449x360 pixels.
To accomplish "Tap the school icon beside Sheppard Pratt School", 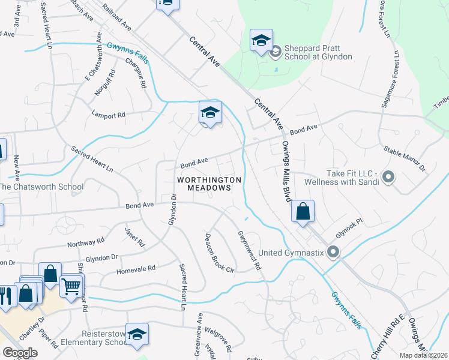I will pyautogui.click(x=261, y=41).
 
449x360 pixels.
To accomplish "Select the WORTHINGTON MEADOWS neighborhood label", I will pyautogui.click(x=209, y=184).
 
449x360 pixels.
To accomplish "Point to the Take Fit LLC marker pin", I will pyautogui.click(x=388, y=176).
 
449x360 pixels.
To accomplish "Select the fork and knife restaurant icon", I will pyautogui.click(x=6, y=295).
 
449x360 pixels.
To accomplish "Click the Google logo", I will pyautogui.click(x=20, y=353).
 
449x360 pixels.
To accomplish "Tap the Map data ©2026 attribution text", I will pyautogui.click(x=423, y=355).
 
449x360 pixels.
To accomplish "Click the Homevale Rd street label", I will pyautogui.click(x=139, y=269).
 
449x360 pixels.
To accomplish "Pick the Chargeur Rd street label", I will pyautogui.click(x=136, y=73).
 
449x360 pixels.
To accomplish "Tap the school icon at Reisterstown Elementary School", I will pyautogui.click(x=137, y=334).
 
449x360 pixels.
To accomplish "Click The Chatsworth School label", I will pyautogui.click(x=41, y=187).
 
